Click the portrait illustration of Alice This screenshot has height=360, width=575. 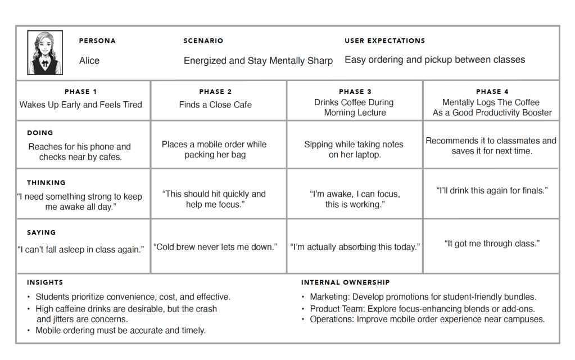pos(45,52)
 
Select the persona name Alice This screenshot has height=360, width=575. pos(89,61)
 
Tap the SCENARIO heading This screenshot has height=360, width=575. pos(203,41)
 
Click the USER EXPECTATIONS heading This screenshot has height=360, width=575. pos(384,41)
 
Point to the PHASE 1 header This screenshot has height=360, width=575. pos(80,92)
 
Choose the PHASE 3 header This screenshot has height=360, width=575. pos(355,92)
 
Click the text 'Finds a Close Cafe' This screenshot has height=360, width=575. pos(215,105)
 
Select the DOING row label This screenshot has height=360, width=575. pos(40,133)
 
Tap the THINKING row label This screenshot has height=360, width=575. pos(46,183)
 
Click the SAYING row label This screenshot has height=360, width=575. pos(42,232)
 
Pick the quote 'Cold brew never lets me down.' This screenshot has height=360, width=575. pos(216,247)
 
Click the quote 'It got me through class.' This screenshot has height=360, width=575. pos(492,244)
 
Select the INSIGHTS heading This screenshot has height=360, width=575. pos(45,282)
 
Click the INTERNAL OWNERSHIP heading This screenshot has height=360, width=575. pos(345,282)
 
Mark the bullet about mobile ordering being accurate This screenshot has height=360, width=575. pos(120,330)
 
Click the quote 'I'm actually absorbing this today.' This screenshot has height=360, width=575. pos(355,247)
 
